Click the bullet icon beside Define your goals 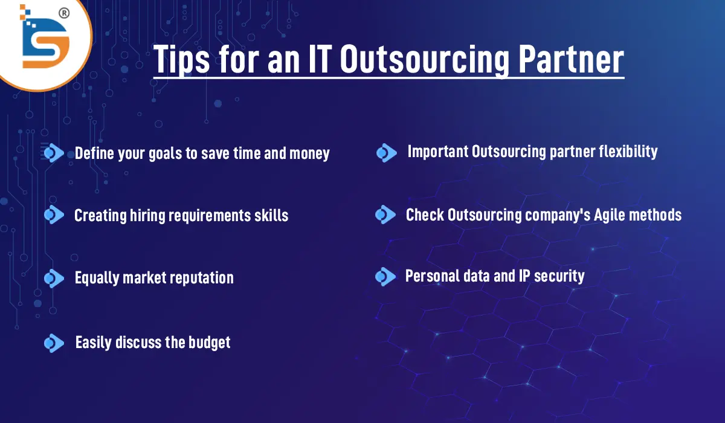click(x=54, y=153)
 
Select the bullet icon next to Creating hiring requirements click(x=54, y=215)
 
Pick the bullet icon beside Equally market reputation click(x=54, y=277)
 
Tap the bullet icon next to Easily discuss click(x=54, y=343)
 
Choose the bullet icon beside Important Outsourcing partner click(x=386, y=153)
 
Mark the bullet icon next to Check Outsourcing click(x=385, y=215)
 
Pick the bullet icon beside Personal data click(x=385, y=277)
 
